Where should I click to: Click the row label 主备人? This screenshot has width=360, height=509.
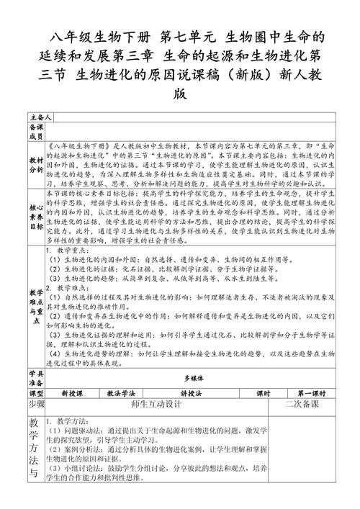pos(40,116)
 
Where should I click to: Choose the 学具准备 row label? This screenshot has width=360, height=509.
pos(35,377)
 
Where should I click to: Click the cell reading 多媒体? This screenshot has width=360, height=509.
pos(193,377)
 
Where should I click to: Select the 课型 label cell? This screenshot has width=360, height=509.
pos(35,393)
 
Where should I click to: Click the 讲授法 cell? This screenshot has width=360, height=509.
pos(193,393)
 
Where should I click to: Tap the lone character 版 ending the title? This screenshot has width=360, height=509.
pos(180,93)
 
